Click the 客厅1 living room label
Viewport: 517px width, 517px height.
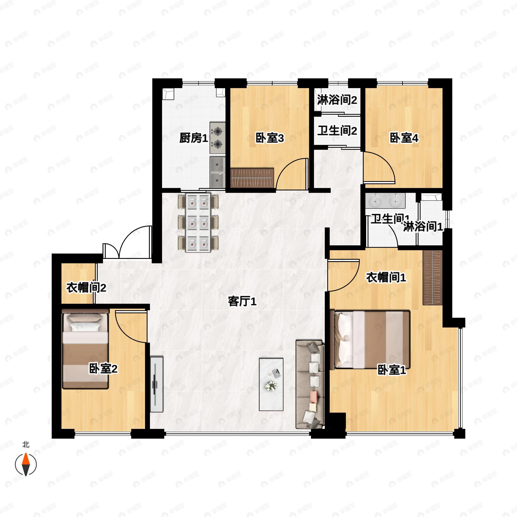(x=242, y=302)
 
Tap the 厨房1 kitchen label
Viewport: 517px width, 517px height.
(x=193, y=138)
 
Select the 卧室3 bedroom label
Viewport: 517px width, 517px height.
(x=269, y=138)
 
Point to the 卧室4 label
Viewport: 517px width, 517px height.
(x=404, y=138)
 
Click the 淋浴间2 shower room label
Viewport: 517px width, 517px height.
(x=337, y=100)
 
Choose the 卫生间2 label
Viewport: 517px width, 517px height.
(x=337, y=131)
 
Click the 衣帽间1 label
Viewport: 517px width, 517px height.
(x=386, y=277)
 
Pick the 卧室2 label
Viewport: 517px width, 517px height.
(x=103, y=369)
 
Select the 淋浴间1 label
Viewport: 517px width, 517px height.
(x=423, y=227)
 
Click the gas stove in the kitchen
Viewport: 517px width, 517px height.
(x=217, y=138)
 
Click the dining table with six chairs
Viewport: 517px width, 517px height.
(x=198, y=223)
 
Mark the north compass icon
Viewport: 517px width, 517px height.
(x=26, y=464)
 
